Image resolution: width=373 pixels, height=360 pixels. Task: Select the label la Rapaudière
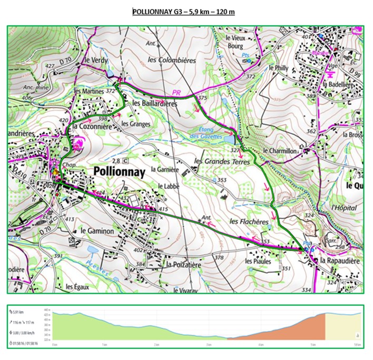tap(339, 260)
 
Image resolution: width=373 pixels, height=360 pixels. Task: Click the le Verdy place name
tap(96, 61)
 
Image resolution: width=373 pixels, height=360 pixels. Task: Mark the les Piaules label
tap(258, 261)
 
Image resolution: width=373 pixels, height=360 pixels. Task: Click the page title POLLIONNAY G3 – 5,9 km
tap(183, 11)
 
